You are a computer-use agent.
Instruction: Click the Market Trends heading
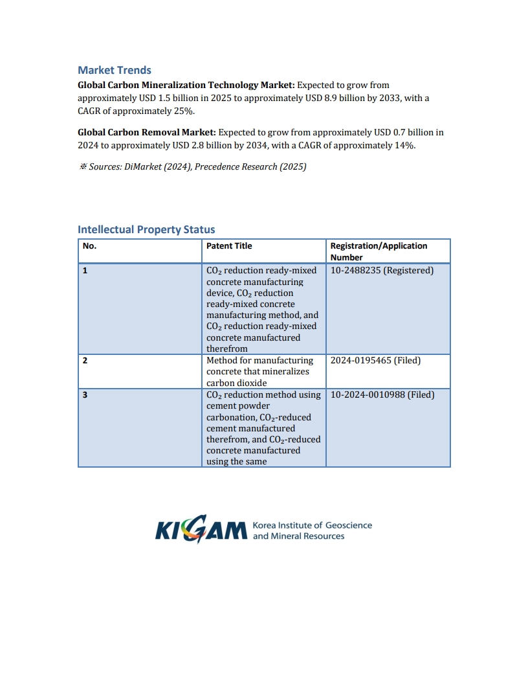pyautogui.click(x=115, y=70)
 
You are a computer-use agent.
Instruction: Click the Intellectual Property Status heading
pyautogui.click(x=146, y=229)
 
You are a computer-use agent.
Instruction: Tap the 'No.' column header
pyautogui.click(x=89, y=246)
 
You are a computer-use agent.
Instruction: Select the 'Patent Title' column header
pyautogui.click(x=229, y=246)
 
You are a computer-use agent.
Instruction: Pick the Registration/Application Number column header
pyautogui.click(x=379, y=251)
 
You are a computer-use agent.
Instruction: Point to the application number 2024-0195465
pyautogui.click(x=360, y=361)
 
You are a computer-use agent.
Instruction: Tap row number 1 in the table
pyautogui.click(x=85, y=271)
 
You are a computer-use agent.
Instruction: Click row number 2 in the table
pyautogui.click(x=85, y=361)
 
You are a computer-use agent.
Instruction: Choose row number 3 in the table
pyautogui.click(x=85, y=394)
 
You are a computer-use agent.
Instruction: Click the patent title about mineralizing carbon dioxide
pyautogui.click(x=259, y=372)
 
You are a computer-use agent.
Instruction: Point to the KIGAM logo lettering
pyautogui.click(x=201, y=530)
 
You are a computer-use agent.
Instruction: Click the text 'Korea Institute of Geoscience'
pyautogui.click(x=312, y=525)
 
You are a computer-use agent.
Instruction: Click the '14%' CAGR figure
pyautogui.click(x=404, y=145)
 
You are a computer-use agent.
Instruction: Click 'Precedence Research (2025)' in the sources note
pyautogui.click(x=250, y=167)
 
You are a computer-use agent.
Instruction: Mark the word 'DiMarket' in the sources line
pyautogui.click(x=140, y=167)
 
